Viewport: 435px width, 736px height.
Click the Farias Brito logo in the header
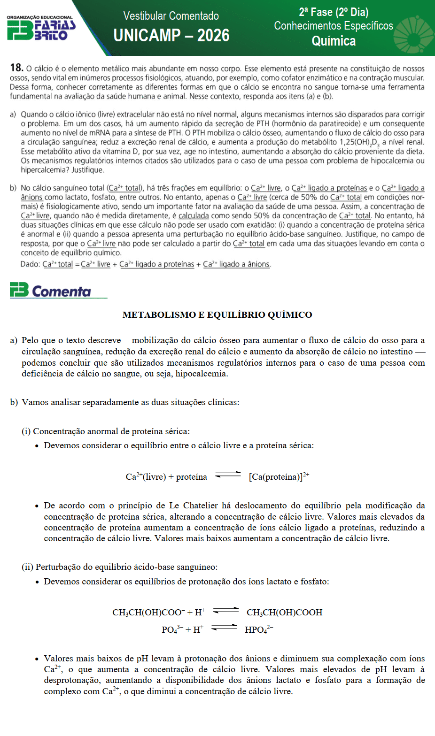[41, 28]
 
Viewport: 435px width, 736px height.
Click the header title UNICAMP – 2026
[171, 36]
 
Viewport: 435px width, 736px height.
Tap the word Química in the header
[334, 41]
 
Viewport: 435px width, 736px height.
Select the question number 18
[16, 68]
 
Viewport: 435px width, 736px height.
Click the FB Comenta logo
[51, 291]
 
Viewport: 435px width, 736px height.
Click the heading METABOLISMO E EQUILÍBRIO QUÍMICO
[217, 315]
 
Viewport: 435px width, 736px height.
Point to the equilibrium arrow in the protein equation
[228, 475]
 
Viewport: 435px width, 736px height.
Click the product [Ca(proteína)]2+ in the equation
[279, 477]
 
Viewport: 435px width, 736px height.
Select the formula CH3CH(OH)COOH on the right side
[284, 613]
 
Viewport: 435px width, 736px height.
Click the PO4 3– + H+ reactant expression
[183, 629]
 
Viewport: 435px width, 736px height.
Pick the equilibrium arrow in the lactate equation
[226, 611]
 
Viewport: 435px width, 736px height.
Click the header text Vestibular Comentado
[171, 16]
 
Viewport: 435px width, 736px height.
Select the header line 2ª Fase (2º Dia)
[334, 12]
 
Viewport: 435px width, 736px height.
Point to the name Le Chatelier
[195, 506]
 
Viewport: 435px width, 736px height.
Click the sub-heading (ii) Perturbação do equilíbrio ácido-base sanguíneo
[119, 567]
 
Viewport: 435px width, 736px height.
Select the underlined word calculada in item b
[194, 216]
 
